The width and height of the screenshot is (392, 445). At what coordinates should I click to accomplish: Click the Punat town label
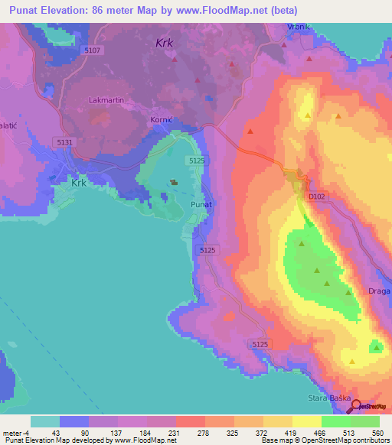pyautogui.click(x=201, y=205)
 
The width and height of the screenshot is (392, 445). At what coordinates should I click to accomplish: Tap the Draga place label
pyautogui.click(x=379, y=291)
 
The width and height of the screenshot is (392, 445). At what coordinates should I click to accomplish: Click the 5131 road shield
pyautogui.click(x=64, y=142)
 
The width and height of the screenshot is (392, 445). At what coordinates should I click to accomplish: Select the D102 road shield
pyautogui.click(x=317, y=197)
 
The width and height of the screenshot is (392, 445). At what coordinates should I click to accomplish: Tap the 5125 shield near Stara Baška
pyautogui.click(x=260, y=345)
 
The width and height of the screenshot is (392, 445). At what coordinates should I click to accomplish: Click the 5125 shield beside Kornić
pyautogui.click(x=197, y=160)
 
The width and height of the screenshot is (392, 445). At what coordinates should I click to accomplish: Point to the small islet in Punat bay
pyautogui.click(x=175, y=182)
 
